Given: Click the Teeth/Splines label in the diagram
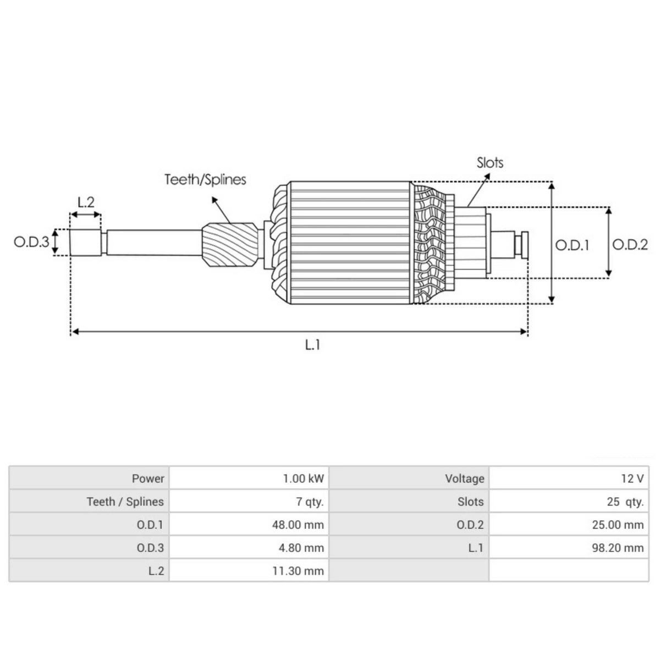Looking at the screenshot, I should pos(205,180).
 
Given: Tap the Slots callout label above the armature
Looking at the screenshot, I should pos(490,163).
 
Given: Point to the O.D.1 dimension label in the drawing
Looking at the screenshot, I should pos(572,245).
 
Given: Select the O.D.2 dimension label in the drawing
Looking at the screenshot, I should pos(630,245).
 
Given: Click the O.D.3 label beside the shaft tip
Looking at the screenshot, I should pos(31,242).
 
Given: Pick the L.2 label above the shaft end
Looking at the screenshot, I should pos(86,202).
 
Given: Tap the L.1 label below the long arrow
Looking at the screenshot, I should pos(312,345).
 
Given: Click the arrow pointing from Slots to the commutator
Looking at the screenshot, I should pos(478,190).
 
